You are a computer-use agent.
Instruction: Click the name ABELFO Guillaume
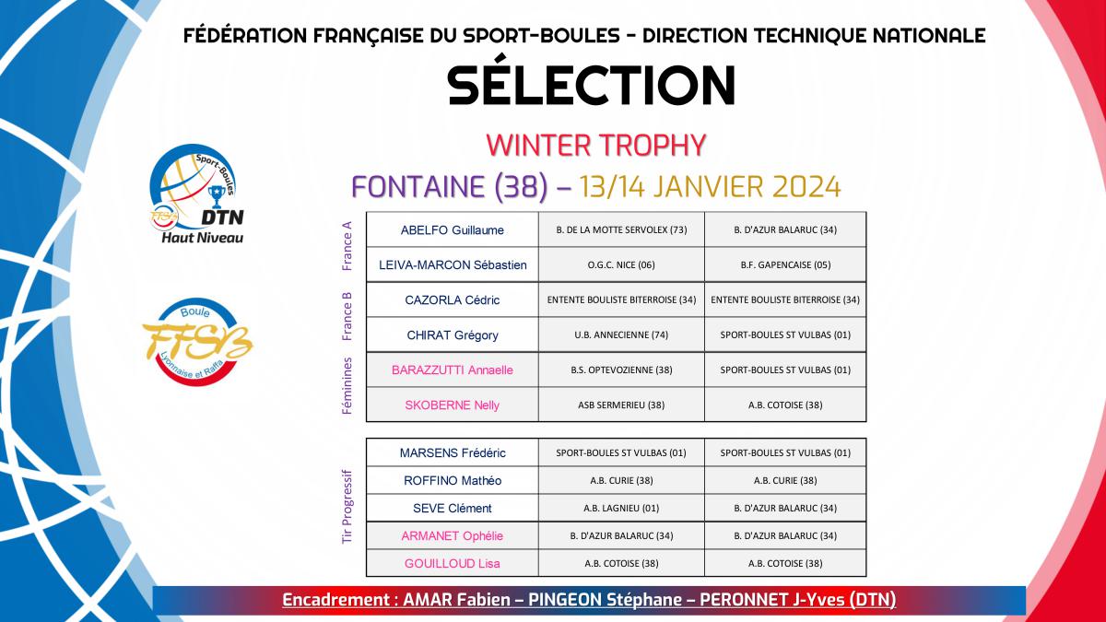pos(452,230)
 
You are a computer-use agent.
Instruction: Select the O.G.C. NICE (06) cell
pos(621,265)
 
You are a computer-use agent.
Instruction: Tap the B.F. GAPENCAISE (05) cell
pos(785,265)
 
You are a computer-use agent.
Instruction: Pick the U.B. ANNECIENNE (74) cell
pos(621,335)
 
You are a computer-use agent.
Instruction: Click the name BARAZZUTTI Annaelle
pos(452,370)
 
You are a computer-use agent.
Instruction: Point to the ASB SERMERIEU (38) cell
pos(621,405)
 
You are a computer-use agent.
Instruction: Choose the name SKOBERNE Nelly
pos(452,405)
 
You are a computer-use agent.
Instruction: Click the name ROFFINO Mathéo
pos(453,481)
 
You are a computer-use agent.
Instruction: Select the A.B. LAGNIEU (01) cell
pos(621,509)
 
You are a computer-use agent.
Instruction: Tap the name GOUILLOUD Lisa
pos(452,564)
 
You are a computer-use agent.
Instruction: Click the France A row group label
pos(347,246)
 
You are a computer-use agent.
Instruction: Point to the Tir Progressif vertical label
pos(347,507)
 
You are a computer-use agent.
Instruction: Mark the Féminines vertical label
pos(347,386)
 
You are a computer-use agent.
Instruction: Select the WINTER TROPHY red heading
pos(596,146)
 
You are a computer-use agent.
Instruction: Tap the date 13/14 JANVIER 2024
pos(710,186)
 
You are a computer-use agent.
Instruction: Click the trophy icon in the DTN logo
pos(217,196)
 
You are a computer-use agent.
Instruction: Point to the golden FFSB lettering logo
pos(197,342)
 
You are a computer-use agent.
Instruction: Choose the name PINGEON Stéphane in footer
pos(603,599)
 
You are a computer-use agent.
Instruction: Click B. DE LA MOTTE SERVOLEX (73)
pos(621,230)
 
